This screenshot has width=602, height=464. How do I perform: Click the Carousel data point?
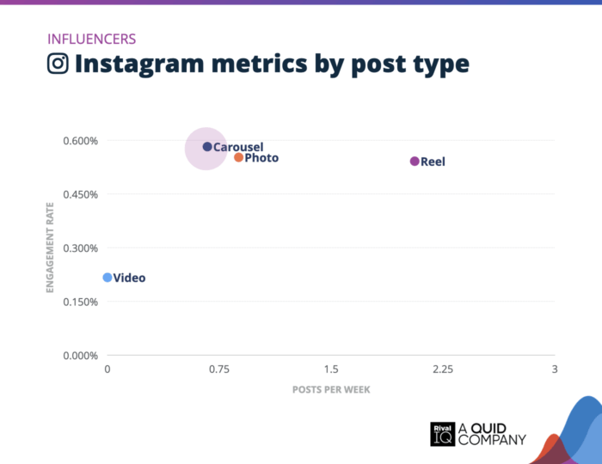point(207,147)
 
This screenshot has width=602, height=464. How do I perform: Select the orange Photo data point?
point(239,157)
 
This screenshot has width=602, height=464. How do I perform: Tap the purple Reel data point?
point(415,162)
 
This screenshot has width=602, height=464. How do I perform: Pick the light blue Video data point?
point(107,278)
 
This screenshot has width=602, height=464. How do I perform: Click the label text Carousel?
point(238,147)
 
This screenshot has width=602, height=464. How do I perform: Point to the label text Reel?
point(433,162)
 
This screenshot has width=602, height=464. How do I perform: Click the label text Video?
point(129,278)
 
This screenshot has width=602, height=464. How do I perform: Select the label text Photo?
point(261,158)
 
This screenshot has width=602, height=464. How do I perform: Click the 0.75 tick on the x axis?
point(218,369)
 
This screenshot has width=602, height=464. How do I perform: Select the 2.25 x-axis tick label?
point(442,369)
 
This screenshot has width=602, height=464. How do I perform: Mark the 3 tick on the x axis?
point(554,369)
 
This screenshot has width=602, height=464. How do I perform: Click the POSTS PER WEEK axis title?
point(331,389)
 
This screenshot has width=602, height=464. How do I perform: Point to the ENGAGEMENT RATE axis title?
point(50,248)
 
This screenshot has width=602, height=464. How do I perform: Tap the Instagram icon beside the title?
point(58,64)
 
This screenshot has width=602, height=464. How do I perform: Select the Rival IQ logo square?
point(441,434)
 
